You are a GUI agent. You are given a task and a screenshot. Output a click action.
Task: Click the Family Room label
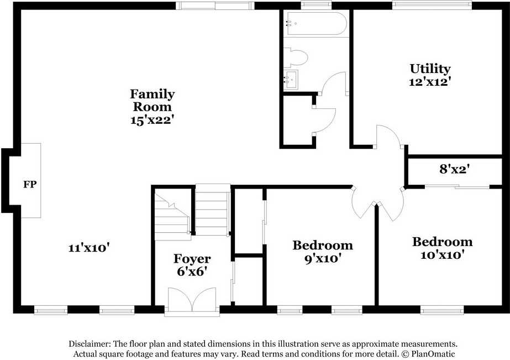pos(152,100)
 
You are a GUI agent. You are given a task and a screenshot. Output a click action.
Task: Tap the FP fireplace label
pos(30,184)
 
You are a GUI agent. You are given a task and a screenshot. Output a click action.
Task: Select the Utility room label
pos(430,69)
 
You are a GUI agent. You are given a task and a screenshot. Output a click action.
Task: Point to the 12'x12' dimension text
pos(430,82)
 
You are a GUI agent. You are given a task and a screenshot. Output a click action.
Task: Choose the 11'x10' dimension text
pos(88,248)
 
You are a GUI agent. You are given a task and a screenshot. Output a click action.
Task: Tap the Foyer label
pos(192,259)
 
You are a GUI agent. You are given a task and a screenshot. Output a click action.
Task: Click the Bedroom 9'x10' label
pos(323,252)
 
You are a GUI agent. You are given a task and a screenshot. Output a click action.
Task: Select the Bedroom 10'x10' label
pos(443,248)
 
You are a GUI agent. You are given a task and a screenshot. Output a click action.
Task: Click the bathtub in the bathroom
pos(316,23)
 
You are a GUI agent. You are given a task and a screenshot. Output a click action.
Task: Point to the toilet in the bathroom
pos(295,58)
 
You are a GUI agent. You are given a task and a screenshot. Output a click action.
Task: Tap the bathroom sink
pos(291,80)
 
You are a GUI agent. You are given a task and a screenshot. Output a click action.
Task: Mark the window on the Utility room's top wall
pos(432,5)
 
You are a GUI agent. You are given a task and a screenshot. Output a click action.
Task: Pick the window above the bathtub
pos(316,5)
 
